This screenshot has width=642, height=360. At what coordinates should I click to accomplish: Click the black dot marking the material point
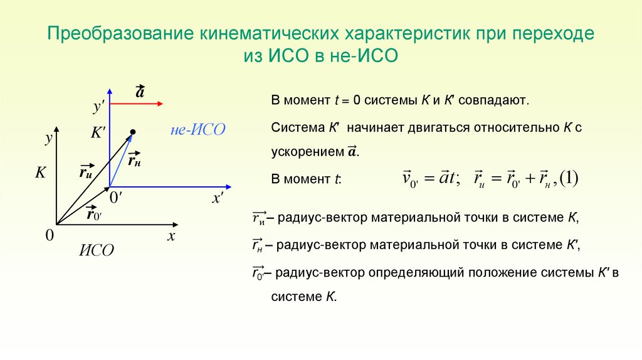coord(133,132)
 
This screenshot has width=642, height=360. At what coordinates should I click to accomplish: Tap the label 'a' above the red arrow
coord(139,92)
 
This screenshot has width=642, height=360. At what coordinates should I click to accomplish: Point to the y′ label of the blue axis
coord(99,107)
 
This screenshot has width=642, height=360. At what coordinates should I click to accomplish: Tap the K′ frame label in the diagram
coord(98,133)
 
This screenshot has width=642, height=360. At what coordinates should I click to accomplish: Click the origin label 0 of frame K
coord(49,235)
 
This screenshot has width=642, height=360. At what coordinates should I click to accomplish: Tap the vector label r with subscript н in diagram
coord(134,159)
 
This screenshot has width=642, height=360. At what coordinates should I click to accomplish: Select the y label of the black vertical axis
coord(47,139)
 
